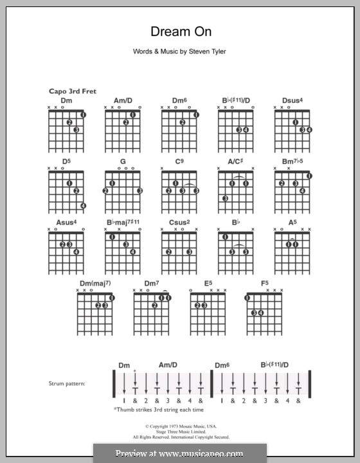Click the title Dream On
[x=180, y=32]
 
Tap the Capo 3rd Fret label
[x=72, y=92]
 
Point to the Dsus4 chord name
[x=292, y=101]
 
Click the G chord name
[x=122, y=162]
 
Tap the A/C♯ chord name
[x=235, y=162]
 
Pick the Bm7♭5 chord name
[x=292, y=162]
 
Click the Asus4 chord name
[x=66, y=222]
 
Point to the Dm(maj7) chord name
[x=94, y=283]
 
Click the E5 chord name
[x=207, y=283]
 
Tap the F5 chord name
[x=264, y=283]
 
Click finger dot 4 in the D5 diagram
[x=84, y=206]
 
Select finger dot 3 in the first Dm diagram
[x=76, y=130]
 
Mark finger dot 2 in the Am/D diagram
[x=126, y=122]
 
